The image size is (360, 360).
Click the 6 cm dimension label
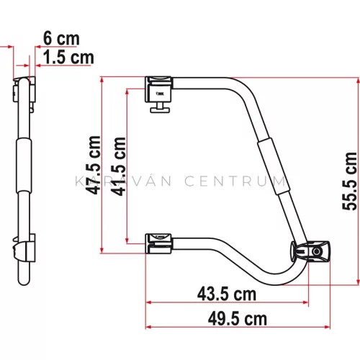point(61,38)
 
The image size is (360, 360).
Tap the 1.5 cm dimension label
point(68,58)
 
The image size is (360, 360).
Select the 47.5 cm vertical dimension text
point(93,165)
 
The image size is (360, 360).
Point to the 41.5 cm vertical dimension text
point(118,166)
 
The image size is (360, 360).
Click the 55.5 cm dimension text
point(349,181)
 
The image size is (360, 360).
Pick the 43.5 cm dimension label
point(227,294)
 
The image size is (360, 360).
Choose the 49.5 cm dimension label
point(238,319)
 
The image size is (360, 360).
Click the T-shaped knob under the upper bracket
point(160,107)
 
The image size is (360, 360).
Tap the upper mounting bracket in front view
point(158,89)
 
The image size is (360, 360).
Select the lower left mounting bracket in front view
point(158,243)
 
